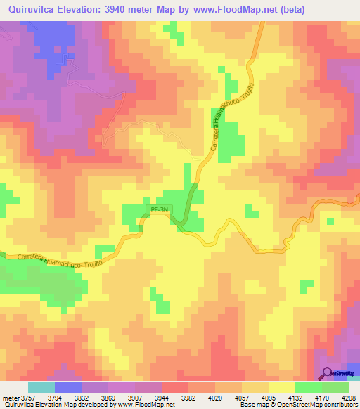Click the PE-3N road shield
coord(160,209)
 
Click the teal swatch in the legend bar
coord(41,387)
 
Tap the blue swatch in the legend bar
coord(68,387)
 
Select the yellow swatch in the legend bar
coord(281,387)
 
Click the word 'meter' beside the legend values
coord(8,397)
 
